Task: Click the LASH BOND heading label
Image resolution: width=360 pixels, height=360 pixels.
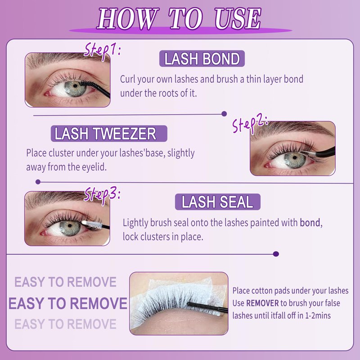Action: click(202, 59)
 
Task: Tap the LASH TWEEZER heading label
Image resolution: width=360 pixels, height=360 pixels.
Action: click(109, 134)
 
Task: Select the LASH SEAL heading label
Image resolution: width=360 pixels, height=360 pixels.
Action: click(218, 202)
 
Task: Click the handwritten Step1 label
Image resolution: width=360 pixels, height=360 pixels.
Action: click(102, 50)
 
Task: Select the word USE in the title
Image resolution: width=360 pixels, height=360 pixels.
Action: click(238, 18)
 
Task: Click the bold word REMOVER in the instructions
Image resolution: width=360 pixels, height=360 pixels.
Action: click(262, 303)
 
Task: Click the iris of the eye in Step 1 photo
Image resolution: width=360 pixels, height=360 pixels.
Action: click(75, 88)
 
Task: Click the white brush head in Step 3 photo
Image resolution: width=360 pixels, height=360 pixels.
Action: click(92, 225)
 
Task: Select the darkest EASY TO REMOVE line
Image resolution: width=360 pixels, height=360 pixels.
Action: click(68, 303)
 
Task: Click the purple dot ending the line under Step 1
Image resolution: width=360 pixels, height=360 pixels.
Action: click(224, 114)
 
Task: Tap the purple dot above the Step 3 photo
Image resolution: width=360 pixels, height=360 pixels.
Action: click(38, 182)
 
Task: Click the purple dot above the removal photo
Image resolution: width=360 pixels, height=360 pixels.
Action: click(276, 254)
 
